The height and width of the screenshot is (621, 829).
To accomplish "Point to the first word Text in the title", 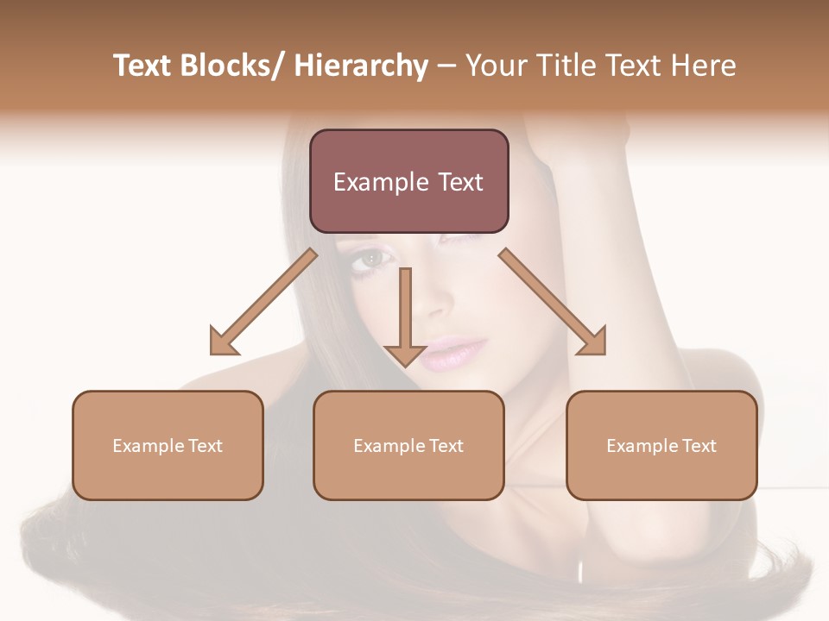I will point(142,66).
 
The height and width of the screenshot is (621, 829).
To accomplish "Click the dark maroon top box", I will point(408,181).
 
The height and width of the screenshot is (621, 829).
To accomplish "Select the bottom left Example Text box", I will point(168,445).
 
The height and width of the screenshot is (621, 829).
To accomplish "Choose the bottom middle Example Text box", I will point(408,445).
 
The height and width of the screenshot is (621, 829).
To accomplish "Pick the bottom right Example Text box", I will point(661,445).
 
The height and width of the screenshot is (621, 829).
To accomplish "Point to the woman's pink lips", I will point(452,352).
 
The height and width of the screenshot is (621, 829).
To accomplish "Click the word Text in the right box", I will point(698,446).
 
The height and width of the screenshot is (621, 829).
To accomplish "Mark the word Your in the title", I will point(495,66).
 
